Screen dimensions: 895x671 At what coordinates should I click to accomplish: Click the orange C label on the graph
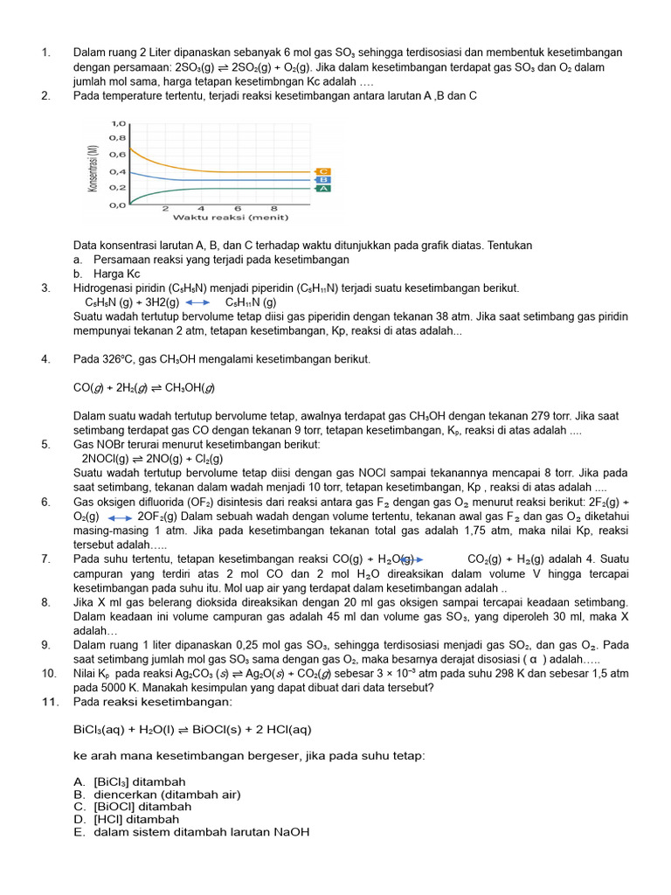324,171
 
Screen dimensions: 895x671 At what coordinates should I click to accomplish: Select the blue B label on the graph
324,180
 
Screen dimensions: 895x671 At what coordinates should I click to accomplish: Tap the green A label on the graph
324,188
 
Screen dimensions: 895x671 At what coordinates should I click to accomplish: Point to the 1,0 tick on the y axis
116,123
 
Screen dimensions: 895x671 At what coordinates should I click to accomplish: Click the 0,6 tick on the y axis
116,156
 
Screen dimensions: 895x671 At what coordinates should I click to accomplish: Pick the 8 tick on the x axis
273,209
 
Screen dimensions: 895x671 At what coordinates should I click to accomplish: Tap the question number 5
45,444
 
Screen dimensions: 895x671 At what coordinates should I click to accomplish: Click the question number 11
49,701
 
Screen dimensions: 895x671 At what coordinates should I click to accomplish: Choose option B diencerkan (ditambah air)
156,794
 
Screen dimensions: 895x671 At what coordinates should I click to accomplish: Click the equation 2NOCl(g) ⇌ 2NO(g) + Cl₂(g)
152,458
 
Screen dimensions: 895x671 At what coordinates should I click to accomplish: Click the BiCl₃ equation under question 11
192,730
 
